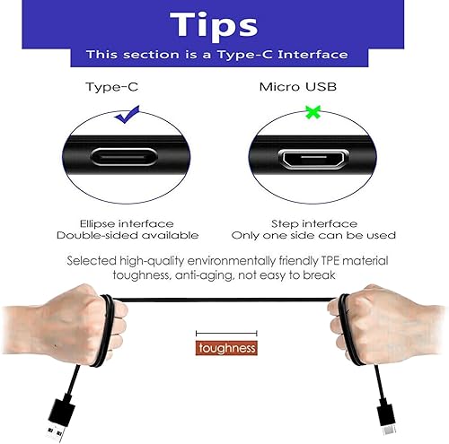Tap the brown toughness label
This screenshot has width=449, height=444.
tap(227, 347)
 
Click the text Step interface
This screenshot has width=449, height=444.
tap(314, 222)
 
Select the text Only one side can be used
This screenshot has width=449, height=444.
tap(314, 235)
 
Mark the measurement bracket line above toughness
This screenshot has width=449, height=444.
tap(226, 333)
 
